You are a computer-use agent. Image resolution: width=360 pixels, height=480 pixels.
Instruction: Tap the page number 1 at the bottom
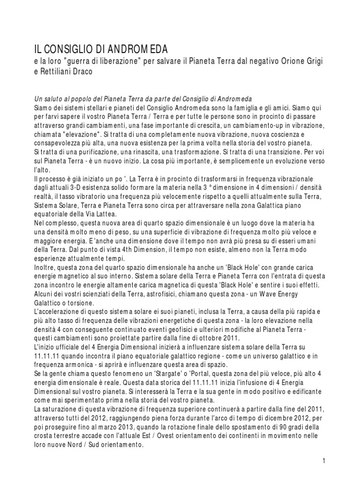point(324,461)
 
